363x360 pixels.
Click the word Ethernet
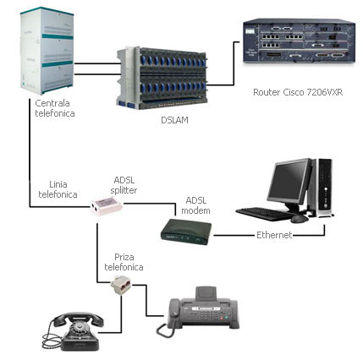pos(273,234)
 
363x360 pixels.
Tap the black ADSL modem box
pos(184,231)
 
